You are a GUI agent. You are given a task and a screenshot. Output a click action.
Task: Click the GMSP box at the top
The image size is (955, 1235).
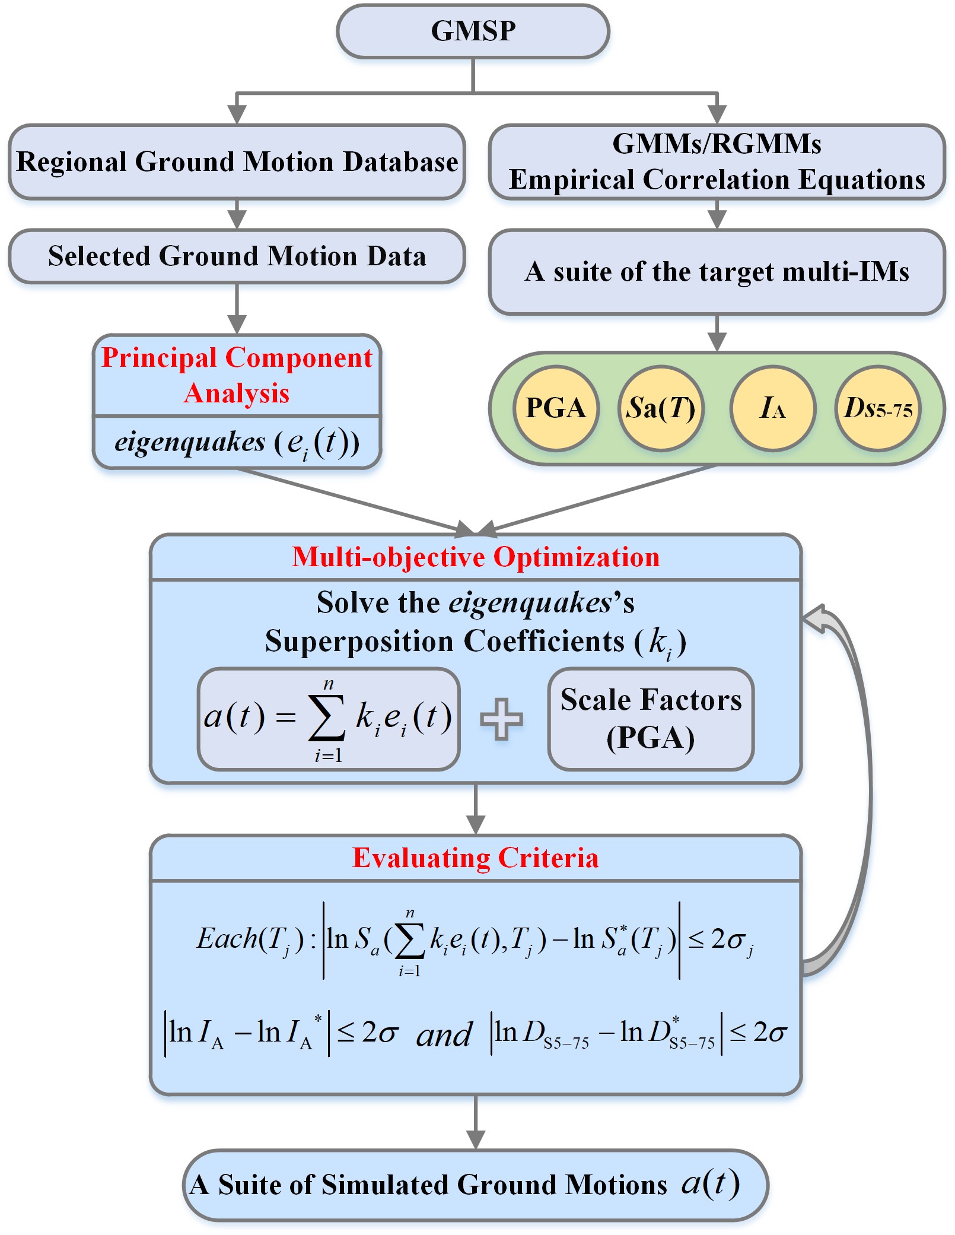[473, 31]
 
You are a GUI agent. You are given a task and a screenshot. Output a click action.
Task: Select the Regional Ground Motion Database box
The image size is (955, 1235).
[237, 162]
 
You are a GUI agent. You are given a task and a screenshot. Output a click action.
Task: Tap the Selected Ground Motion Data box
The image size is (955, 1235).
[237, 256]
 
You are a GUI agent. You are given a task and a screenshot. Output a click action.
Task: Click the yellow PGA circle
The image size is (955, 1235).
[556, 408]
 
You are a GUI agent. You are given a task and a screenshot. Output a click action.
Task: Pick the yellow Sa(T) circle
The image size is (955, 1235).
[661, 408]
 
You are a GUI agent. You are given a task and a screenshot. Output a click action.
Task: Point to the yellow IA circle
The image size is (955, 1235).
[772, 408]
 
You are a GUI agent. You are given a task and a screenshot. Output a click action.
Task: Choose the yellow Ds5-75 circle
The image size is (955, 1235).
[878, 408]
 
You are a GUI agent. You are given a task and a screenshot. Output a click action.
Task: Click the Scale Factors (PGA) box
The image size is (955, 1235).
[651, 719]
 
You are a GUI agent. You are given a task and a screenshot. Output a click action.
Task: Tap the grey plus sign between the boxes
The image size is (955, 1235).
[501, 719]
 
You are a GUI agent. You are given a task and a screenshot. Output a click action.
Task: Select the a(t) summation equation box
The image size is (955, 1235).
[329, 719]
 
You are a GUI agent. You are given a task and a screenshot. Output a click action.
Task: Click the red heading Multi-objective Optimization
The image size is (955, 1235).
[476, 557]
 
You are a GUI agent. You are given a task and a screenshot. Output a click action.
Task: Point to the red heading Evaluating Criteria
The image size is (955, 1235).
[476, 858]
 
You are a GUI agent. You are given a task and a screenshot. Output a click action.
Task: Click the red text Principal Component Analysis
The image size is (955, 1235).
[237, 375]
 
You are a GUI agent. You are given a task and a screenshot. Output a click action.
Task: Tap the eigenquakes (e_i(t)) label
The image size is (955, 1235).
[237, 443]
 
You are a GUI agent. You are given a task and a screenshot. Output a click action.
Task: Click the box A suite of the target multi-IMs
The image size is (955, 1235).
[717, 272]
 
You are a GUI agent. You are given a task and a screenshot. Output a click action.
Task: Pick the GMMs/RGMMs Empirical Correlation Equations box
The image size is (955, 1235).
[717, 162]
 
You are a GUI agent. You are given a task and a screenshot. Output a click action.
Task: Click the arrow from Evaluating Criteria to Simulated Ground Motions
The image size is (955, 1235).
[476, 1122]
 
